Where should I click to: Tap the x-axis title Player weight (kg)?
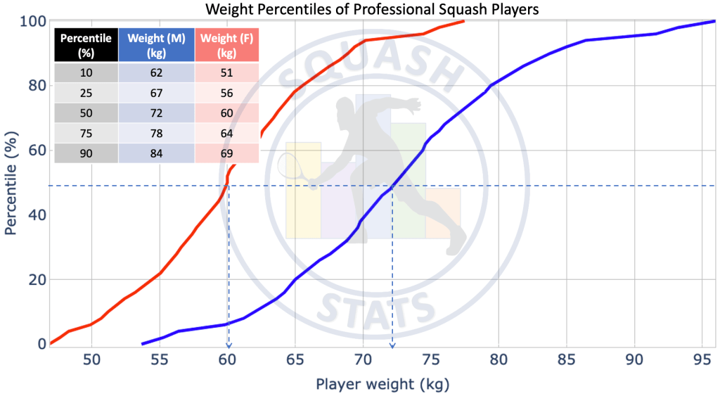point(382,384)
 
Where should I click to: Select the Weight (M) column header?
point(156,46)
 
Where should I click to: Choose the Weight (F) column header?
point(226,46)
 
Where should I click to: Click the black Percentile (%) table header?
point(86,46)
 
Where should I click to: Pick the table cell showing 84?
point(156,153)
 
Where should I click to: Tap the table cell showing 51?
point(226,73)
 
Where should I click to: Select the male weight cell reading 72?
point(156,113)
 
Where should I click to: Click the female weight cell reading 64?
point(226,134)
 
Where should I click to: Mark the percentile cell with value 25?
point(86,94)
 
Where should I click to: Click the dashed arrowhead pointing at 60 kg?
point(228,344)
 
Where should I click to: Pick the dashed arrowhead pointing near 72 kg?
point(392,344)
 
